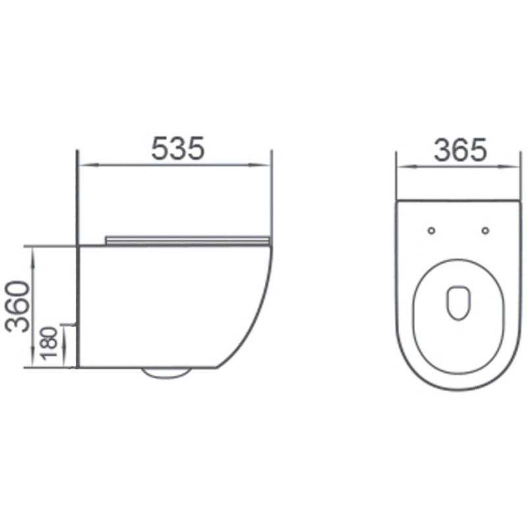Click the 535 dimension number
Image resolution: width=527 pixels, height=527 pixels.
coord(178,148)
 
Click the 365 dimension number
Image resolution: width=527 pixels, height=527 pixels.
coord(460,150)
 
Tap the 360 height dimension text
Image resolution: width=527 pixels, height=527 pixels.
coord(18,306)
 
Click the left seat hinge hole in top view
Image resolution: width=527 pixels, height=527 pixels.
coord(431,230)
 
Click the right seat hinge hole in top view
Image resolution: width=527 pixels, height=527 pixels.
coord(485,230)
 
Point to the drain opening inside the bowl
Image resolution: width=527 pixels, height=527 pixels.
coord(458,302)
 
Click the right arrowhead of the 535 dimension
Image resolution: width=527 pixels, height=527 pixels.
coord(266,165)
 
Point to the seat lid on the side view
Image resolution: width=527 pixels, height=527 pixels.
coord(188,239)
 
